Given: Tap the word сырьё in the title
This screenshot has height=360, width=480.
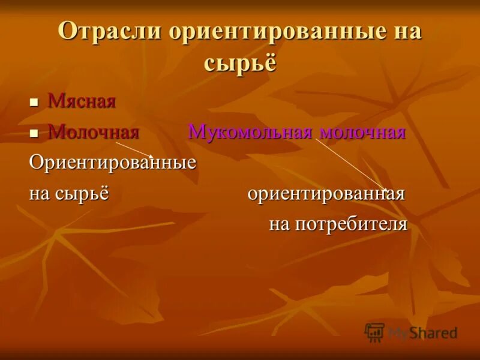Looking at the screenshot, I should [240, 62].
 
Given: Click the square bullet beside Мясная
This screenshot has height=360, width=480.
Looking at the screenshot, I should [35, 103].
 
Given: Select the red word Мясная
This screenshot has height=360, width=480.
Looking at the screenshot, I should [82, 101].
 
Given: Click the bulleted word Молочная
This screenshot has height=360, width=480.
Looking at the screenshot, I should [94, 131].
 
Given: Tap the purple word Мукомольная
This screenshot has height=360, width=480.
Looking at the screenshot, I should [251, 132].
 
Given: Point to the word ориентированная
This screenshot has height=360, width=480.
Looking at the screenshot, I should [326, 194].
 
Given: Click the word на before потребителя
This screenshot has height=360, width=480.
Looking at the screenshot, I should [280, 224].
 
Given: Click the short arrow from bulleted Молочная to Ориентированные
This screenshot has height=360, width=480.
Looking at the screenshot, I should [134, 149].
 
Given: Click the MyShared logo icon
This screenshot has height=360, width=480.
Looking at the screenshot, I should [374, 332].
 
